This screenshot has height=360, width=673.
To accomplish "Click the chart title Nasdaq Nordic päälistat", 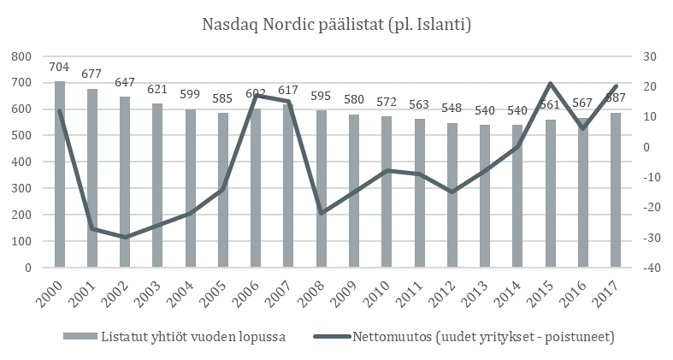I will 335,23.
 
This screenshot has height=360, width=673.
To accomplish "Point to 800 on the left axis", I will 21,56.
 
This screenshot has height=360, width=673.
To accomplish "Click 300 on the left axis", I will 21,188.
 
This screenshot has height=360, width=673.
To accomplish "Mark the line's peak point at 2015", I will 551,83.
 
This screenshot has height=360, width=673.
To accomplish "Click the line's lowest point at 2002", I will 125,237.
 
